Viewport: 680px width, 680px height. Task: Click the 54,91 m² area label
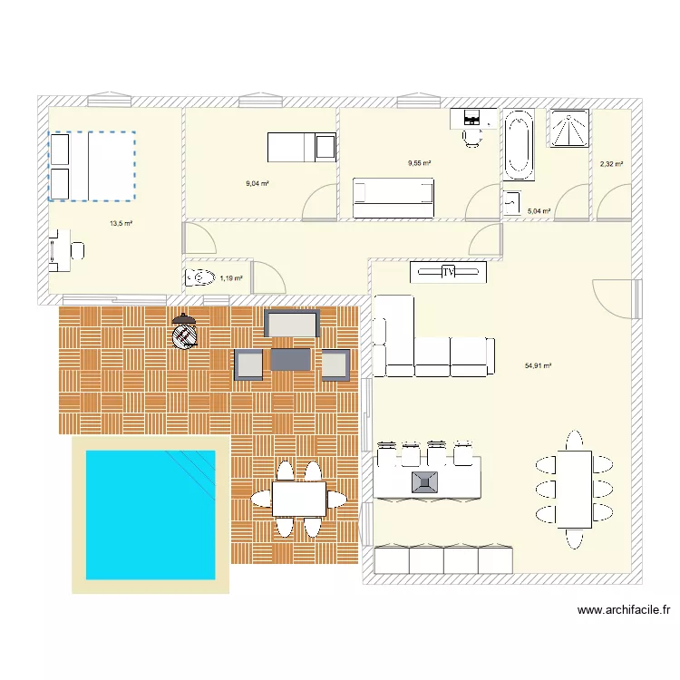539,366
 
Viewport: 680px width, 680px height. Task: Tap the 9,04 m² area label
257,183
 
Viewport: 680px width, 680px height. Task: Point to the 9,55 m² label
419,163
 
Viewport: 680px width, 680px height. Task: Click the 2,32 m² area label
611,164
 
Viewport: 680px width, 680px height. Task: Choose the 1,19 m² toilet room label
230,278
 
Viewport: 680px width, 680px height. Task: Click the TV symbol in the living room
448,272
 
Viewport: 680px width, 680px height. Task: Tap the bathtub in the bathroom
519,145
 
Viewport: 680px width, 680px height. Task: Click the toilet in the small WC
199,277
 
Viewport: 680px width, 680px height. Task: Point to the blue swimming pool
151,514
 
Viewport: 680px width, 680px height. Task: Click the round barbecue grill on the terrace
185,334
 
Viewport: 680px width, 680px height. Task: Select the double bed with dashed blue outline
92,166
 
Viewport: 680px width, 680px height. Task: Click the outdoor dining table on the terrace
299,499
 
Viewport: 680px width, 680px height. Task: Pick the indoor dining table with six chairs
575,490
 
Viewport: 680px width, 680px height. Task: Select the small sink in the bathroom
512,202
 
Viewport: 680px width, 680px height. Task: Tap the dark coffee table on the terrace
291,360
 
